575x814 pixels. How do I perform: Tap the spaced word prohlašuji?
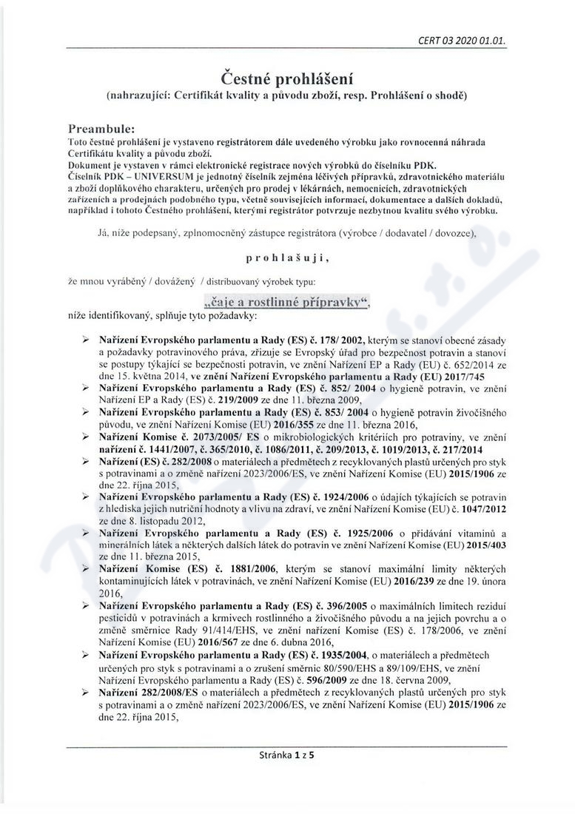pos(286,260)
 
